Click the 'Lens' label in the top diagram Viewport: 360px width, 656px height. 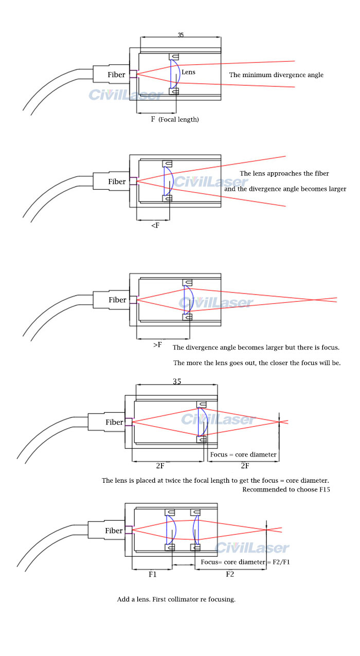[x=188, y=72]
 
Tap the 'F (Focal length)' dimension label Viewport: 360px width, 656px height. [x=174, y=119]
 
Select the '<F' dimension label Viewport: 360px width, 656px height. [x=155, y=225]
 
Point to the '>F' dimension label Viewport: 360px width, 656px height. [x=157, y=344]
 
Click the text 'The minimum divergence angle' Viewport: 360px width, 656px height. [x=276, y=75]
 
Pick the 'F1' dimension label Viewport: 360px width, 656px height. [x=153, y=574]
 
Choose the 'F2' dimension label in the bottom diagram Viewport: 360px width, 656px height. [x=230, y=574]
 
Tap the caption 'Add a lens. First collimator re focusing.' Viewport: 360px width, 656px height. [x=176, y=599]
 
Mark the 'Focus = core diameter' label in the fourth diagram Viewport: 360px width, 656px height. [x=243, y=454]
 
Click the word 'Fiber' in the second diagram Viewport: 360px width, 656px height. [x=117, y=181]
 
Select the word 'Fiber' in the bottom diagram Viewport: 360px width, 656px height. [x=114, y=531]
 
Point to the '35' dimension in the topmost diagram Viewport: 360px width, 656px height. [x=181, y=35]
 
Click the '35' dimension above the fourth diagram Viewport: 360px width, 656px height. [x=176, y=382]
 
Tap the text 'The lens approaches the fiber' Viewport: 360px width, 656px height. [x=284, y=173]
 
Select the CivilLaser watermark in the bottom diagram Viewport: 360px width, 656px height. [x=252, y=548]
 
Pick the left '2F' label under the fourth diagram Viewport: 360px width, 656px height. [x=160, y=466]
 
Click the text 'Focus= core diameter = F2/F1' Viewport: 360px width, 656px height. [x=246, y=562]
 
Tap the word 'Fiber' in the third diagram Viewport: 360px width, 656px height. [x=117, y=300]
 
